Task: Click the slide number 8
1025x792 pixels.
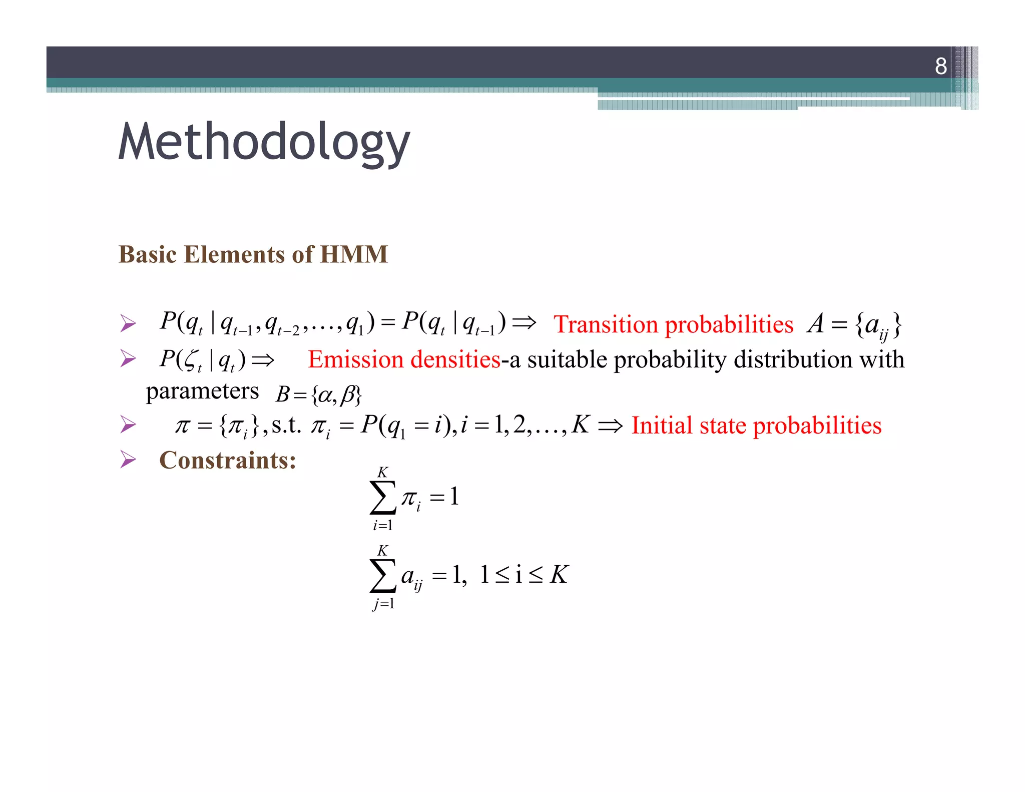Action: point(940,66)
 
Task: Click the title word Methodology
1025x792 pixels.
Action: point(264,143)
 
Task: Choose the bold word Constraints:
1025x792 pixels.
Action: point(228,460)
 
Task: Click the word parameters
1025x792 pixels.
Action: point(202,391)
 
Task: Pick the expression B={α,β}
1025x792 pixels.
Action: point(319,394)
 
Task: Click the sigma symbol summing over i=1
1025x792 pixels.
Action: point(383,497)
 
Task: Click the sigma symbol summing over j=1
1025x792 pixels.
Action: point(383,575)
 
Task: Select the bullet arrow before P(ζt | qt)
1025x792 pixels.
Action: point(128,358)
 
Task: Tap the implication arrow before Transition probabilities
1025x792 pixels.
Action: point(524,322)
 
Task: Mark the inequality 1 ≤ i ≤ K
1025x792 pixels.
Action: point(524,575)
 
